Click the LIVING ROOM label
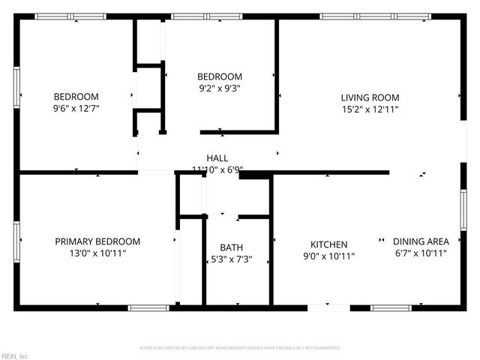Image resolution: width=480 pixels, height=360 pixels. (370, 97)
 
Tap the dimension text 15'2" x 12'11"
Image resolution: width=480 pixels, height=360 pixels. (370, 109)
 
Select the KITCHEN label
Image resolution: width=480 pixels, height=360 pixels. (329, 244)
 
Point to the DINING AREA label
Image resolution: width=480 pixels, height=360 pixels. (421, 241)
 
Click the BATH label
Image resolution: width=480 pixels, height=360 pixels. (231, 247)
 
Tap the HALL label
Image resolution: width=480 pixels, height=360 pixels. (217, 158)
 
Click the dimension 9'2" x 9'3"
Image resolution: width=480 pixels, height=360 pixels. (220, 88)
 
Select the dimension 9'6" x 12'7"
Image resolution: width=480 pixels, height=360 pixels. (76, 108)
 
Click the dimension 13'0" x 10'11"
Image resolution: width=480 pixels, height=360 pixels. (97, 253)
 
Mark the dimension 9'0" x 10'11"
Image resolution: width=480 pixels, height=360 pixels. (329, 256)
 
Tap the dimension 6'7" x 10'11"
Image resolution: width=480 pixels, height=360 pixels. (421, 253)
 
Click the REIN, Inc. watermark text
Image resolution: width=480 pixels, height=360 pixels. (15, 355)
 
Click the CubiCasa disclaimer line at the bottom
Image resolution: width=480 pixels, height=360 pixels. (240, 348)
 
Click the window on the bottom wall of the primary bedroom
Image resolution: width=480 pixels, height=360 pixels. (148, 307)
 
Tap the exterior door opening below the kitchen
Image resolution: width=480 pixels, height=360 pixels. (328, 307)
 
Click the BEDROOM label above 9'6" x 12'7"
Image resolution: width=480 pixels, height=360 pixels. (76, 97)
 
